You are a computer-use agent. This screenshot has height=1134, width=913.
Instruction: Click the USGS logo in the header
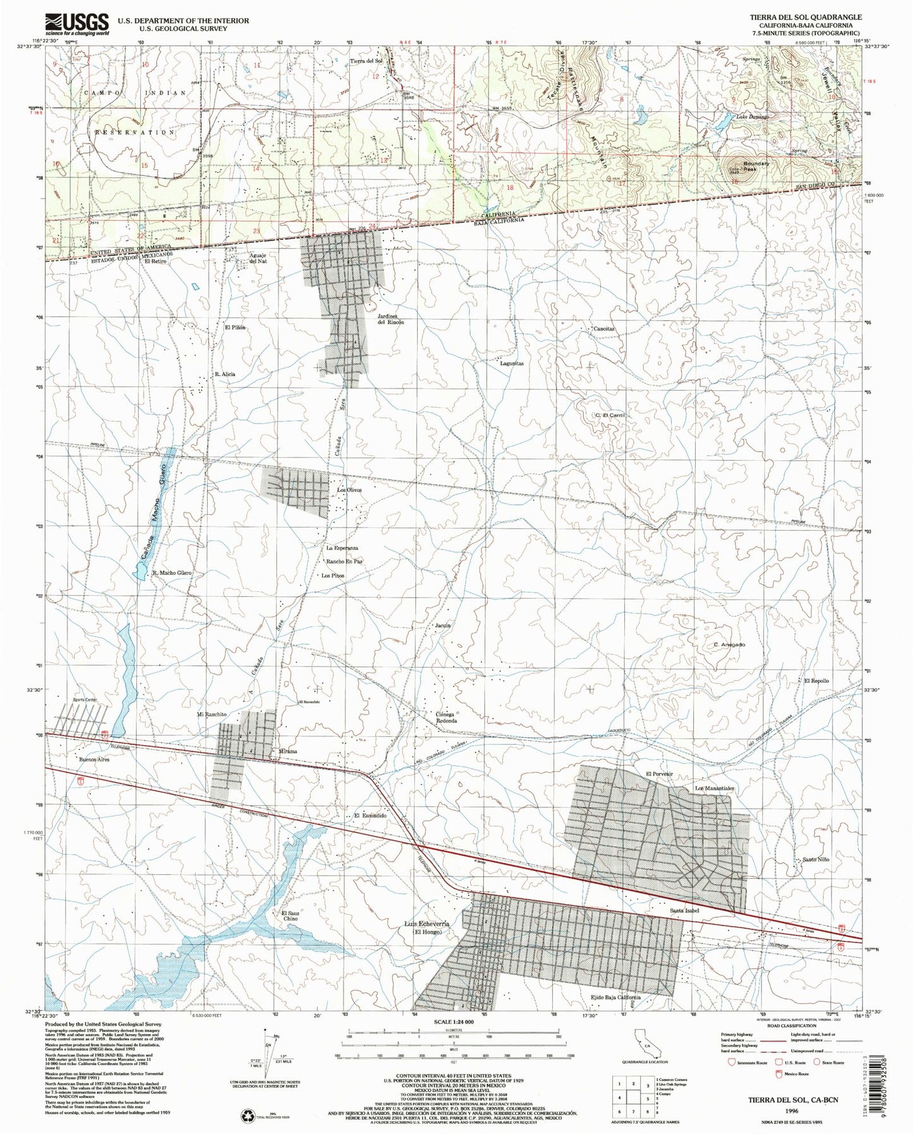click(76, 23)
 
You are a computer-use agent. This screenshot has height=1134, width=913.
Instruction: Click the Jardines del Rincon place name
click(390, 318)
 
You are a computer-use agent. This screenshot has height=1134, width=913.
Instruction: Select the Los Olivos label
click(349, 490)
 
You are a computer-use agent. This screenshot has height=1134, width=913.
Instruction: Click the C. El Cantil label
click(609, 415)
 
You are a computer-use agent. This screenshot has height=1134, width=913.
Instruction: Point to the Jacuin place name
click(442, 625)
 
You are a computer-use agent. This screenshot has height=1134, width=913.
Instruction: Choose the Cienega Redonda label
click(446, 717)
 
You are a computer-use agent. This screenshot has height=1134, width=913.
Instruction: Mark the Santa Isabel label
click(685, 912)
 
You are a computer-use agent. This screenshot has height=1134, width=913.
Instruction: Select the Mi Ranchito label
click(212, 714)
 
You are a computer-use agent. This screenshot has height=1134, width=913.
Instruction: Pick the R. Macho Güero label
click(171, 572)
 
